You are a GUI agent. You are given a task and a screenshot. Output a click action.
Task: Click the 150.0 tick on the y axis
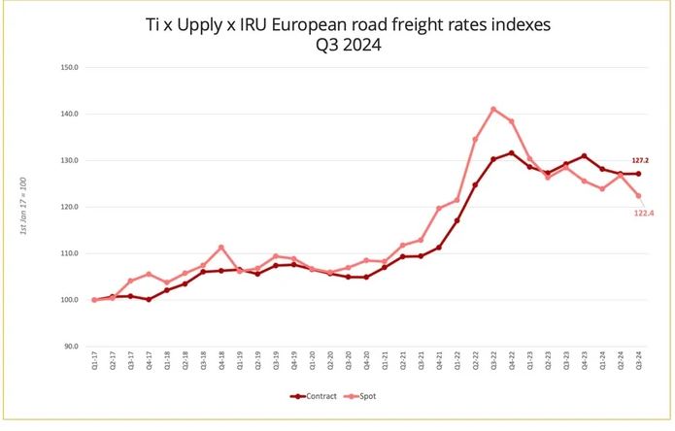pyautogui.click(x=69, y=68)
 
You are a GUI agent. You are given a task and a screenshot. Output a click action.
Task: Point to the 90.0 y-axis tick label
pyautogui.click(x=70, y=346)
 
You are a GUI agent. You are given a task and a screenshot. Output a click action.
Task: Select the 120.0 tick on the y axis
pyautogui.click(x=69, y=207)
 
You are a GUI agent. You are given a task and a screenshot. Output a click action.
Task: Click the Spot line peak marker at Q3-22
pyautogui.click(x=493, y=109)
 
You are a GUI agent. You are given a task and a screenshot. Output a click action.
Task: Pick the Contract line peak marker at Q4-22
pyautogui.click(x=512, y=153)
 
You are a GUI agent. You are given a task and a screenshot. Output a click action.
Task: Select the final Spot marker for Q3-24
pyautogui.click(x=638, y=196)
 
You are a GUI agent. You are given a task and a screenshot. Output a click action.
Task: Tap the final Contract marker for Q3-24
pyautogui.click(x=638, y=174)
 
